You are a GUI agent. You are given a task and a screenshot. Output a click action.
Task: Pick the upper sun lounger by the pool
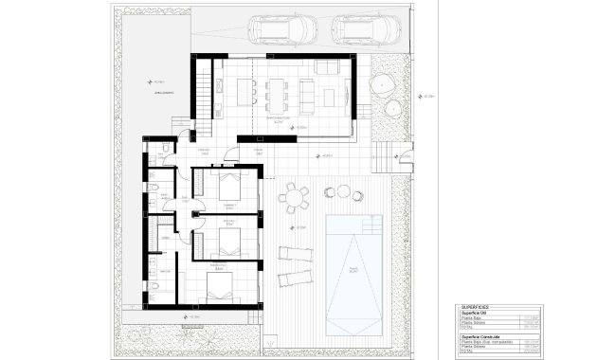coord(295,253)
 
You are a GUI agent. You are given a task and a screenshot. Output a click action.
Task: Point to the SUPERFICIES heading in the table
coord(476,308)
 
